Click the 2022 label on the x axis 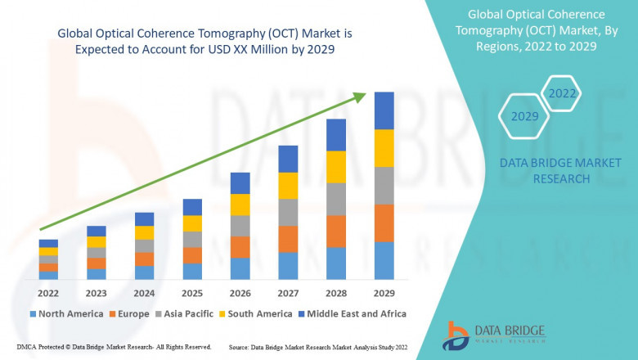pyautogui.click(x=48, y=292)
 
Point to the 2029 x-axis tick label pyautogui.click(x=384, y=292)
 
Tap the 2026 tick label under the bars pyautogui.click(x=240, y=292)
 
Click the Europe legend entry pyautogui.click(x=129, y=313)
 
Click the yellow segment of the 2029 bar pyautogui.click(x=384, y=148)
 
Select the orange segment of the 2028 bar pyautogui.click(x=336, y=232)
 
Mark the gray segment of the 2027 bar pyautogui.click(x=288, y=212)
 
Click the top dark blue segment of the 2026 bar pyautogui.click(x=240, y=182)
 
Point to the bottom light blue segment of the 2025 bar pyautogui.click(x=192, y=271)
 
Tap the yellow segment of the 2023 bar pyautogui.click(x=97, y=241)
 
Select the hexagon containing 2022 pyautogui.click(x=562, y=93)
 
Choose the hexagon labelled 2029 pyautogui.click(x=524, y=116)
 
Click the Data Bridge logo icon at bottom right pyautogui.click(x=456, y=335)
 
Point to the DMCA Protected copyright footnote pyautogui.click(x=114, y=348)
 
